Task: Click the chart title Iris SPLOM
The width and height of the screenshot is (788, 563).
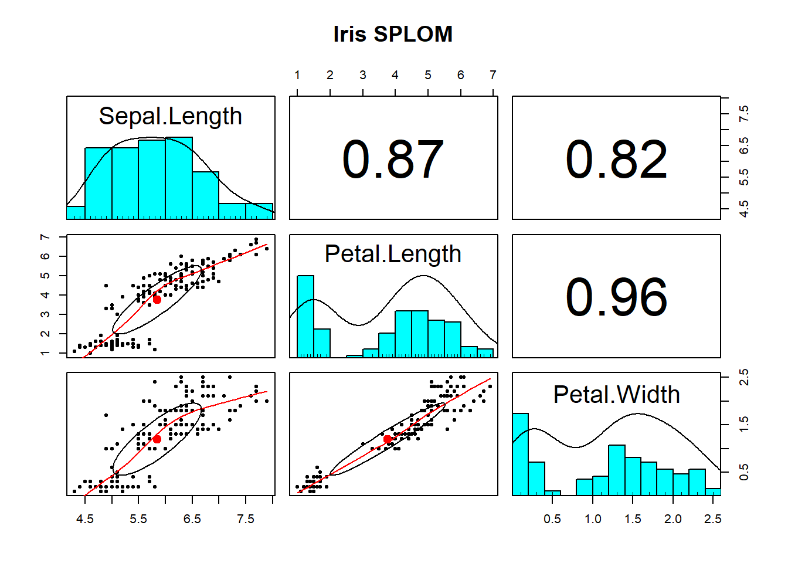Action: pyautogui.click(x=393, y=34)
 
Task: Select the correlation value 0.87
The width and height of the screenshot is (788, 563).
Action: pyautogui.click(x=393, y=159)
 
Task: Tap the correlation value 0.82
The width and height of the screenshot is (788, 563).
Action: pyautogui.click(x=616, y=159)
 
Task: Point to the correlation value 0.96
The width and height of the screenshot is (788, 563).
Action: pyautogui.click(x=616, y=297)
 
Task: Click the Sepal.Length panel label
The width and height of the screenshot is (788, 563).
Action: pyautogui.click(x=170, y=116)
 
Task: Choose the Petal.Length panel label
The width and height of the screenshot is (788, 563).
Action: pyautogui.click(x=393, y=254)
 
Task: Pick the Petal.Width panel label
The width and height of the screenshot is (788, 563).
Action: pyautogui.click(x=616, y=394)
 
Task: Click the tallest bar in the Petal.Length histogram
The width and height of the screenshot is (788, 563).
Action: pyautogui.click(x=305, y=317)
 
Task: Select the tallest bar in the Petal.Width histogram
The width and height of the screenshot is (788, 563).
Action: pyautogui.click(x=521, y=455)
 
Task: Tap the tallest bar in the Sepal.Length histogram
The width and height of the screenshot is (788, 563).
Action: pyautogui.click(x=179, y=178)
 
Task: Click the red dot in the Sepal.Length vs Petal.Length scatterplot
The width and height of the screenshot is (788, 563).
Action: pyautogui.click(x=157, y=299)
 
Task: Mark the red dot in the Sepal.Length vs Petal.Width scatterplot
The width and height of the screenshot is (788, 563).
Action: pyautogui.click(x=157, y=439)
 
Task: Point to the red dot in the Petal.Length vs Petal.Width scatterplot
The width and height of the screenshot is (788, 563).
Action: pyautogui.click(x=387, y=439)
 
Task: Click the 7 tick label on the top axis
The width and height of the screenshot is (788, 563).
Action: pyautogui.click(x=493, y=75)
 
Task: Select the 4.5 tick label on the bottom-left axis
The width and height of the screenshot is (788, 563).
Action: pyautogui.click(x=85, y=519)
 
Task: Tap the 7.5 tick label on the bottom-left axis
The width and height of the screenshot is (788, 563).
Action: pyautogui.click(x=246, y=519)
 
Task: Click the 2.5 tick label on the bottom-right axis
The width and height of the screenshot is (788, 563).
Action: pyautogui.click(x=713, y=519)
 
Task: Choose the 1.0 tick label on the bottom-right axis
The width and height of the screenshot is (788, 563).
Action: pyautogui.click(x=593, y=519)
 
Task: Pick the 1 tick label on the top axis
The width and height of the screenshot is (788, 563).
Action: pyautogui.click(x=297, y=75)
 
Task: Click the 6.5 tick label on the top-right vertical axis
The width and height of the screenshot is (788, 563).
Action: pyautogui.click(x=744, y=145)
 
